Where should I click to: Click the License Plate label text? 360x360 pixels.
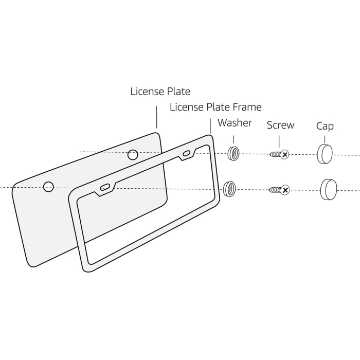point(160,92)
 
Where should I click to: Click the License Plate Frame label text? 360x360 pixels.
point(215,107)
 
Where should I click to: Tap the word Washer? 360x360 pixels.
point(235,123)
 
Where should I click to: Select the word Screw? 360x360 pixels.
point(280,125)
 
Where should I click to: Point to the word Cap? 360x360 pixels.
point(325,126)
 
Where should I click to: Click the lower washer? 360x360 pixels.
point(229,189)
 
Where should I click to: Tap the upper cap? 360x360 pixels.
point(325,154)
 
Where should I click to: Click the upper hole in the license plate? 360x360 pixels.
point(133,154)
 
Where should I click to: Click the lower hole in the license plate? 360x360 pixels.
point(48,187)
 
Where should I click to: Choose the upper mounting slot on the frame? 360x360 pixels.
point(186,153)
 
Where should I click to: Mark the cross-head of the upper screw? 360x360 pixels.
point(284,154)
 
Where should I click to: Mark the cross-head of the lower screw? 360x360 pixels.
point(284,190)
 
